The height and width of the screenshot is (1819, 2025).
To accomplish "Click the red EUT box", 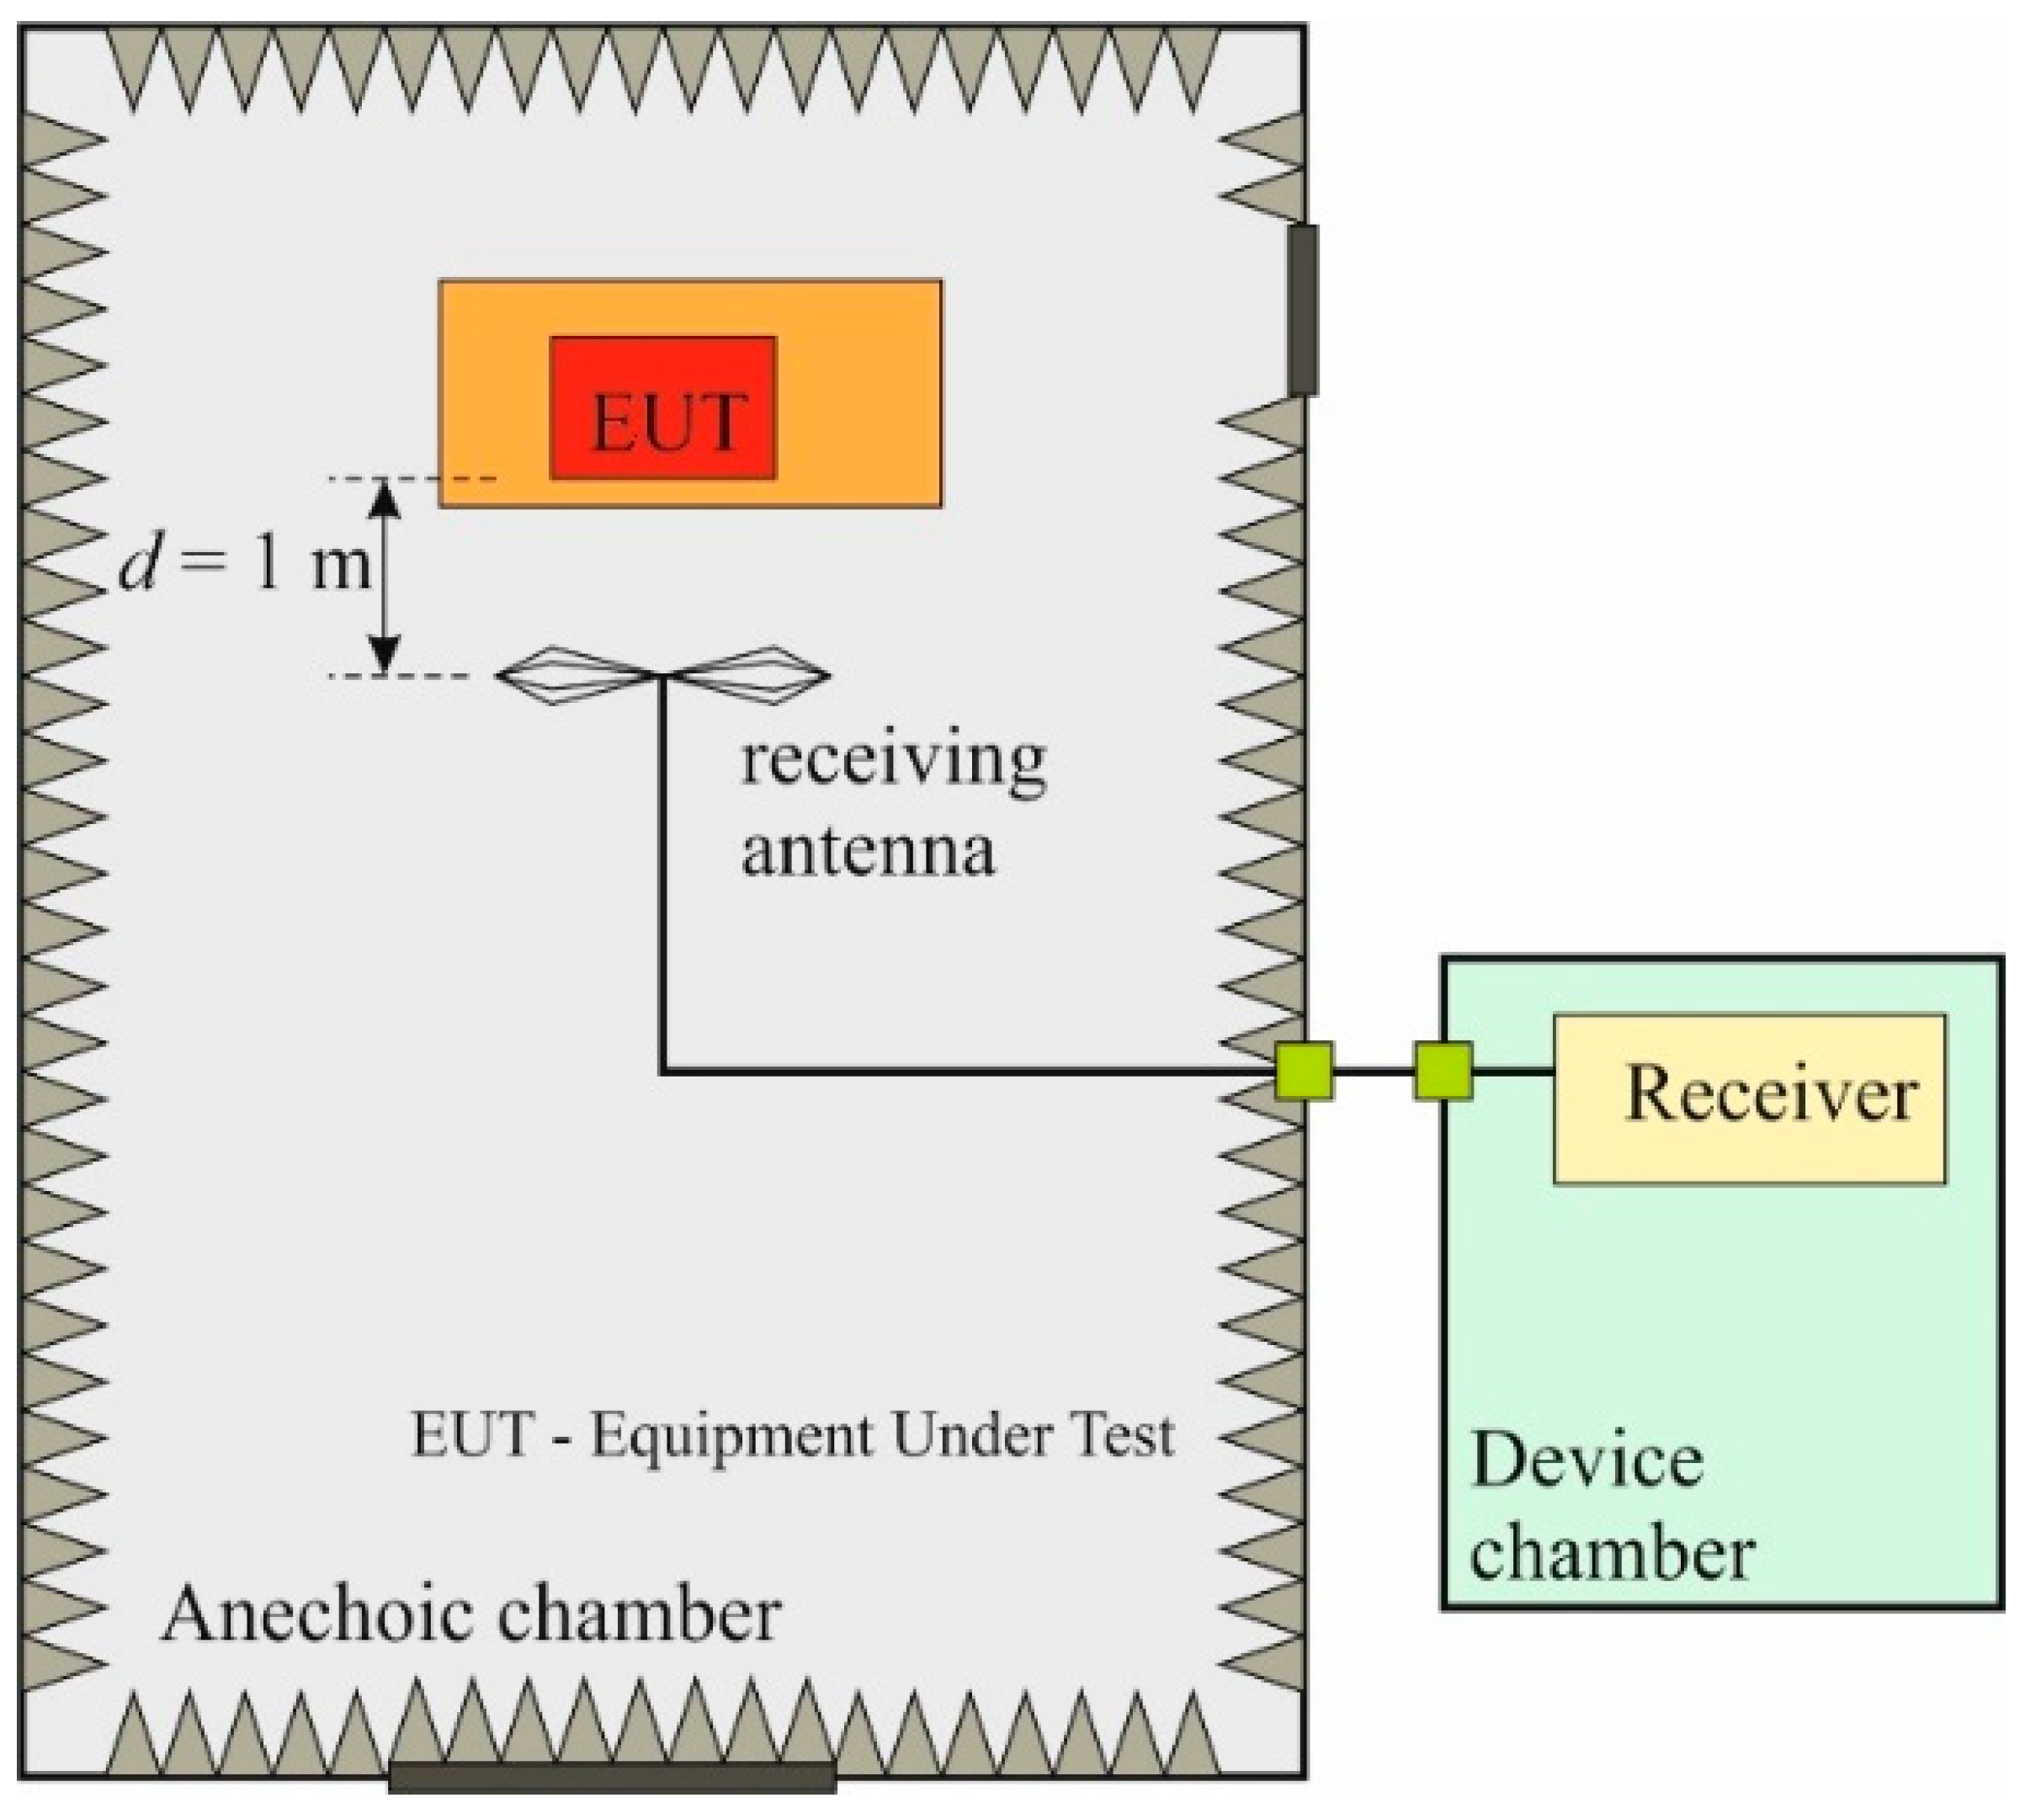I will click(662, 407).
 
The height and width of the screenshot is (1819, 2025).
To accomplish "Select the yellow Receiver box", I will click(1748, 1098).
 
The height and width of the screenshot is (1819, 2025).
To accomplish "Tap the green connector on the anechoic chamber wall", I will click(1305, 1071).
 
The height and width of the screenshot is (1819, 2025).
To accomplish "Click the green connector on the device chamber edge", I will click(1443, 1071).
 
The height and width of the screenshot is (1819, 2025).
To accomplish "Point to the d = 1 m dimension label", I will click(245, 566).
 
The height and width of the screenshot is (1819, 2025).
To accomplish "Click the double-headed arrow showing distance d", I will click(385, 577).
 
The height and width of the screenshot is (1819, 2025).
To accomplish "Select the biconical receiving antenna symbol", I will click(662, 676).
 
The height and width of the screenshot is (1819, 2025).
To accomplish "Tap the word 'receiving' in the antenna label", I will click(891, 762).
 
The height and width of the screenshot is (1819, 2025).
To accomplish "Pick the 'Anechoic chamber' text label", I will click(470, 1614).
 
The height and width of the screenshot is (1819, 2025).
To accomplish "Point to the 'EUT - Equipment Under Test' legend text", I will click(792, 1435).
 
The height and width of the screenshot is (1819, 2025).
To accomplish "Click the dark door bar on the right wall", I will click(1302, 310).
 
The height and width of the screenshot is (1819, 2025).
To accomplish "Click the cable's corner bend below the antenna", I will click(662, 1072).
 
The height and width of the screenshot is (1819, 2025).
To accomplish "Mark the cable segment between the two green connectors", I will click(1374, 1072).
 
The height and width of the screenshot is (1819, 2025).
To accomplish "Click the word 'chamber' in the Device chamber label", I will click(1611, 1554).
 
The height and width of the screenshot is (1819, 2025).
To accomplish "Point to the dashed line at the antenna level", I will click(400, 677).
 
